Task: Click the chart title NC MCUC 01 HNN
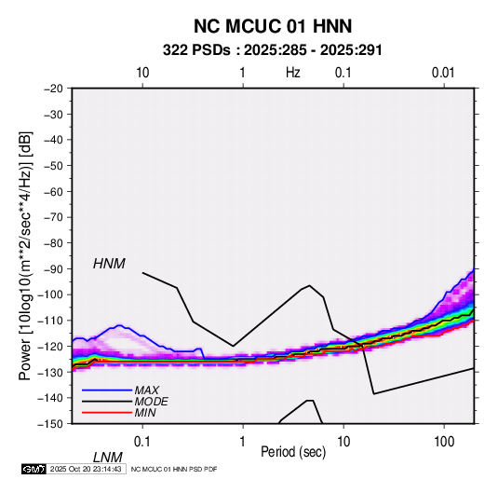[x=273, y=26]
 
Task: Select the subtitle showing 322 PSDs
[x=272, y=50]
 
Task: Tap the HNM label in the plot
[x=109, y=264]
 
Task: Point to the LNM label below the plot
[x=108, y=458]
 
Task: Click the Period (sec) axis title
[x=293, y=452]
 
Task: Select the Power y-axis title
[x=25, y=256]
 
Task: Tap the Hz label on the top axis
[x=292, y=73]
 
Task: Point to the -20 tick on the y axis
[x=53, y=89]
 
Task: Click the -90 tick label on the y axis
[x=53, y=268]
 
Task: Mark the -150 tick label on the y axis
[x=50, y=424]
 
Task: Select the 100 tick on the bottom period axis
[x=444, y=442]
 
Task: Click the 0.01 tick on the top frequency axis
[x=443, y=73]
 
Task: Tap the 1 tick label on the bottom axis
[x=242, y=442]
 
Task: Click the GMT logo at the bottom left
[x=34, y=469]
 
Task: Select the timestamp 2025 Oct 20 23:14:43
[x=86, y=469]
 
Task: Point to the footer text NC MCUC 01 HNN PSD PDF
[x=174, y=469]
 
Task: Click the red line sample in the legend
[x=107, y=413]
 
